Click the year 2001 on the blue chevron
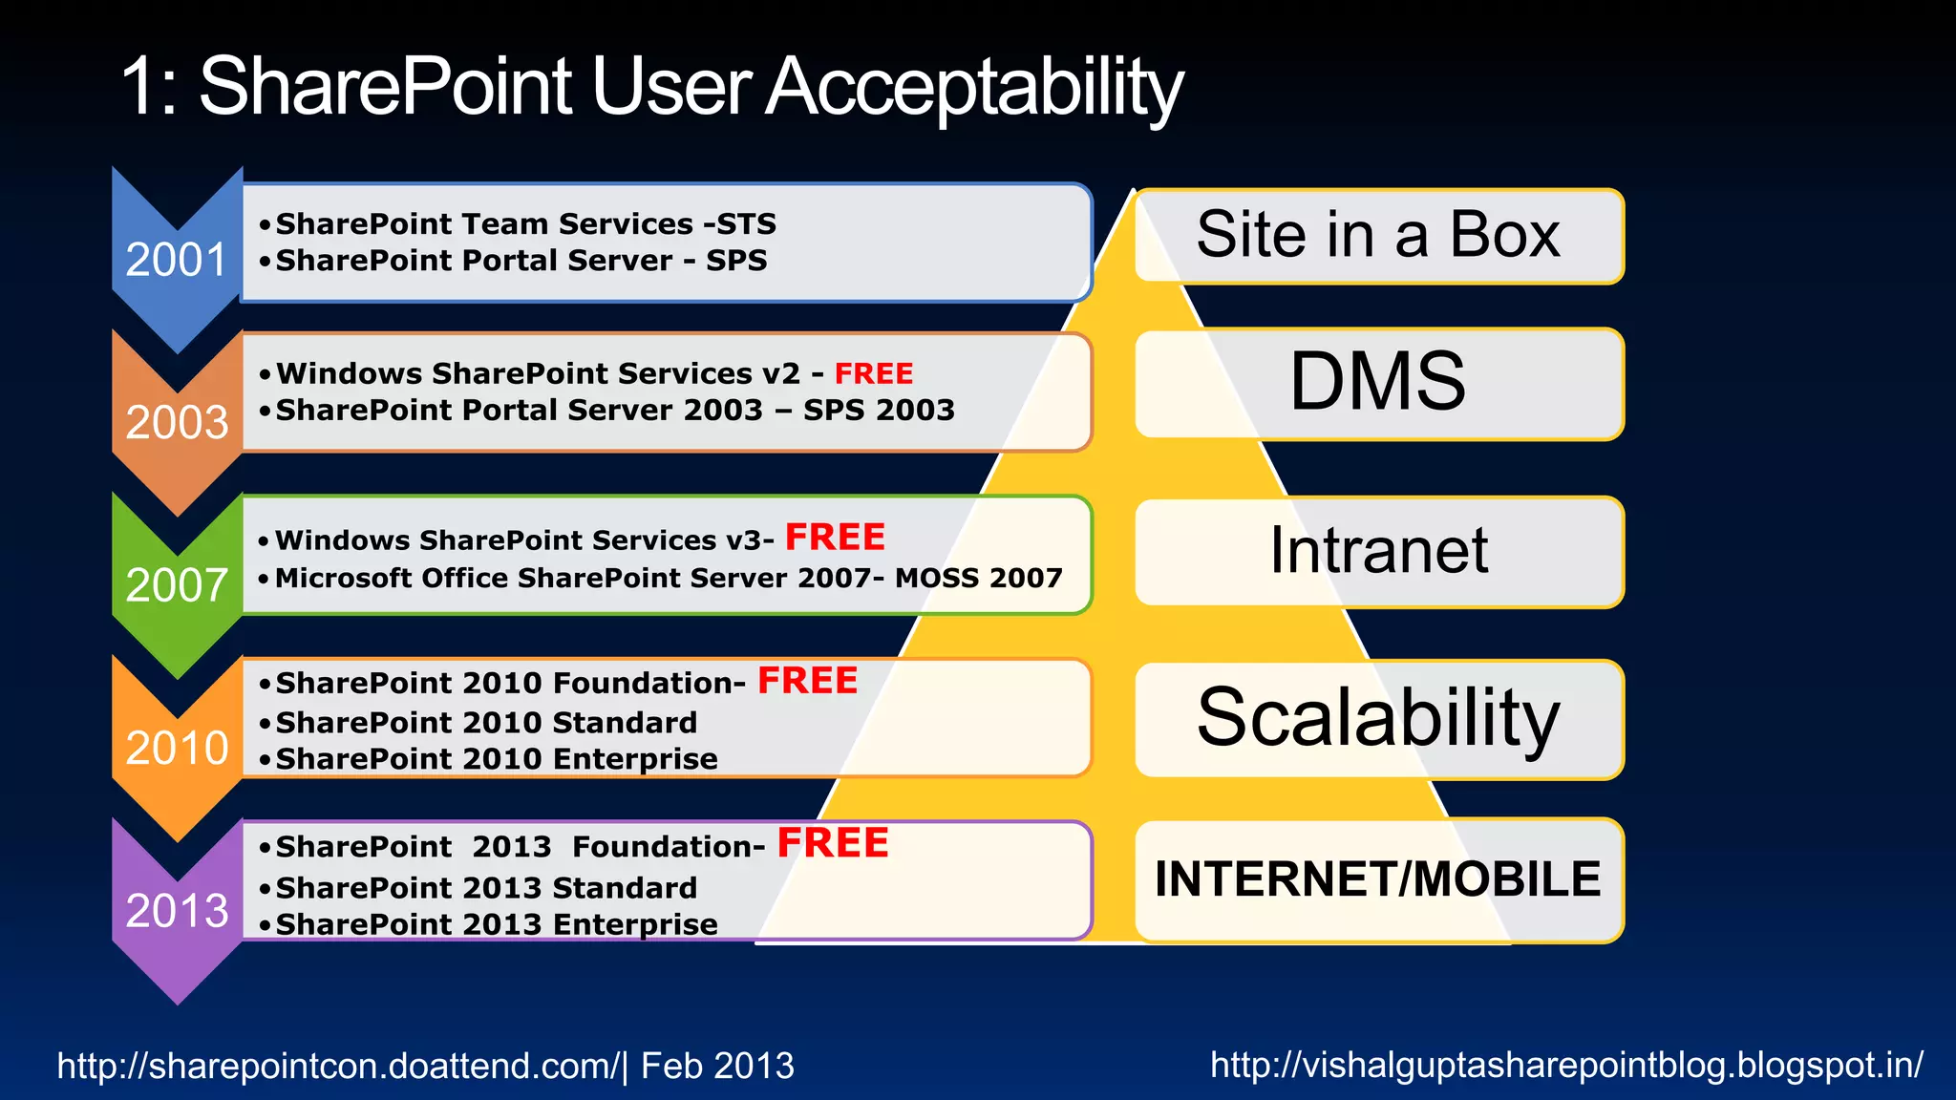177,260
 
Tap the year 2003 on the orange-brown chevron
177,422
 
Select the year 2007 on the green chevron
177,584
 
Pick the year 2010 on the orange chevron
177,748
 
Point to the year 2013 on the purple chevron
177,910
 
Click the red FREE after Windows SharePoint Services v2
874,373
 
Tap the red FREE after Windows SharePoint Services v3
835,538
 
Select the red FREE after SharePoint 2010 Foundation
807,681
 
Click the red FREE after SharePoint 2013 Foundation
832,844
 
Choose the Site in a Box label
1377,235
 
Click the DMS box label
1377,382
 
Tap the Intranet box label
1377,551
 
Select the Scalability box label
1377,718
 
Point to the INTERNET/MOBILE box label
1377,879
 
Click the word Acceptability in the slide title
974,88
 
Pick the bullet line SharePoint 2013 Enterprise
496,924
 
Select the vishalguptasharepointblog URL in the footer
1566,1065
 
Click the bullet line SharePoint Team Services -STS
524,224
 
